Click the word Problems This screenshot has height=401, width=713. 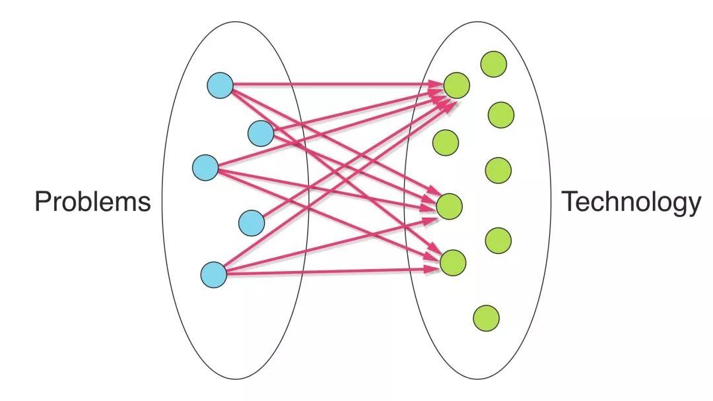tap(92, 201)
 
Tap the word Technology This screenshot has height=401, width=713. tap(630, 202)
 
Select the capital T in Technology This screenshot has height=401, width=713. tap(569, 201)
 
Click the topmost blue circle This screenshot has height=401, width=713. tap(220, 86)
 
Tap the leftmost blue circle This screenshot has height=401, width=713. tap(205, 167)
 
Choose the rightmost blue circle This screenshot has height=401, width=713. tap(261, 133)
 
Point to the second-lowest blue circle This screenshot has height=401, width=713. tap(251, 223)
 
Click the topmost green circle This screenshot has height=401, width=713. tap(493, 64)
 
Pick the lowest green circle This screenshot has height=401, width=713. tap(487, 318)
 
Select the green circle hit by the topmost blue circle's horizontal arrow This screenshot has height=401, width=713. tap(456, 85)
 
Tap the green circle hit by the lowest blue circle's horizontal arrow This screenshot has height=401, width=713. tap(453, 262)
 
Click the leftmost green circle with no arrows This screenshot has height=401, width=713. tap(446, 140)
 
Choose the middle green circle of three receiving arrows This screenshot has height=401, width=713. tap(450, 206)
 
